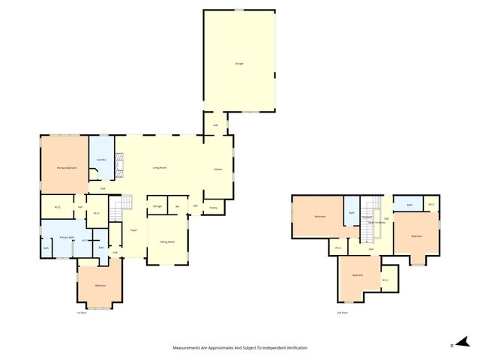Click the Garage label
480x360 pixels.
(x=239, y=64)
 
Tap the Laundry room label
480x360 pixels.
(x=100, y=159)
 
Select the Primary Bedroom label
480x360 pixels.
(x=67, y=168)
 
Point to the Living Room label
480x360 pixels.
(x=160, y=167)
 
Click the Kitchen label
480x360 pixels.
(x=218, y=169)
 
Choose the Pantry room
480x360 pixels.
(x=213, y=206)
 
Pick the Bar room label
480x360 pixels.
(x=178, y=205)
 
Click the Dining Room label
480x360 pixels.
(x=166, y=242)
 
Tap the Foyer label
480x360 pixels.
(x=133, y=230)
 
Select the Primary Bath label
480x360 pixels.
(x=67, y=237)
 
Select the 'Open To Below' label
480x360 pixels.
(x=376, y=223)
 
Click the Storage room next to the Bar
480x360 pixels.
(x=157, y=205)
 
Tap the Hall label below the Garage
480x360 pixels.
(x=215, y=125)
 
